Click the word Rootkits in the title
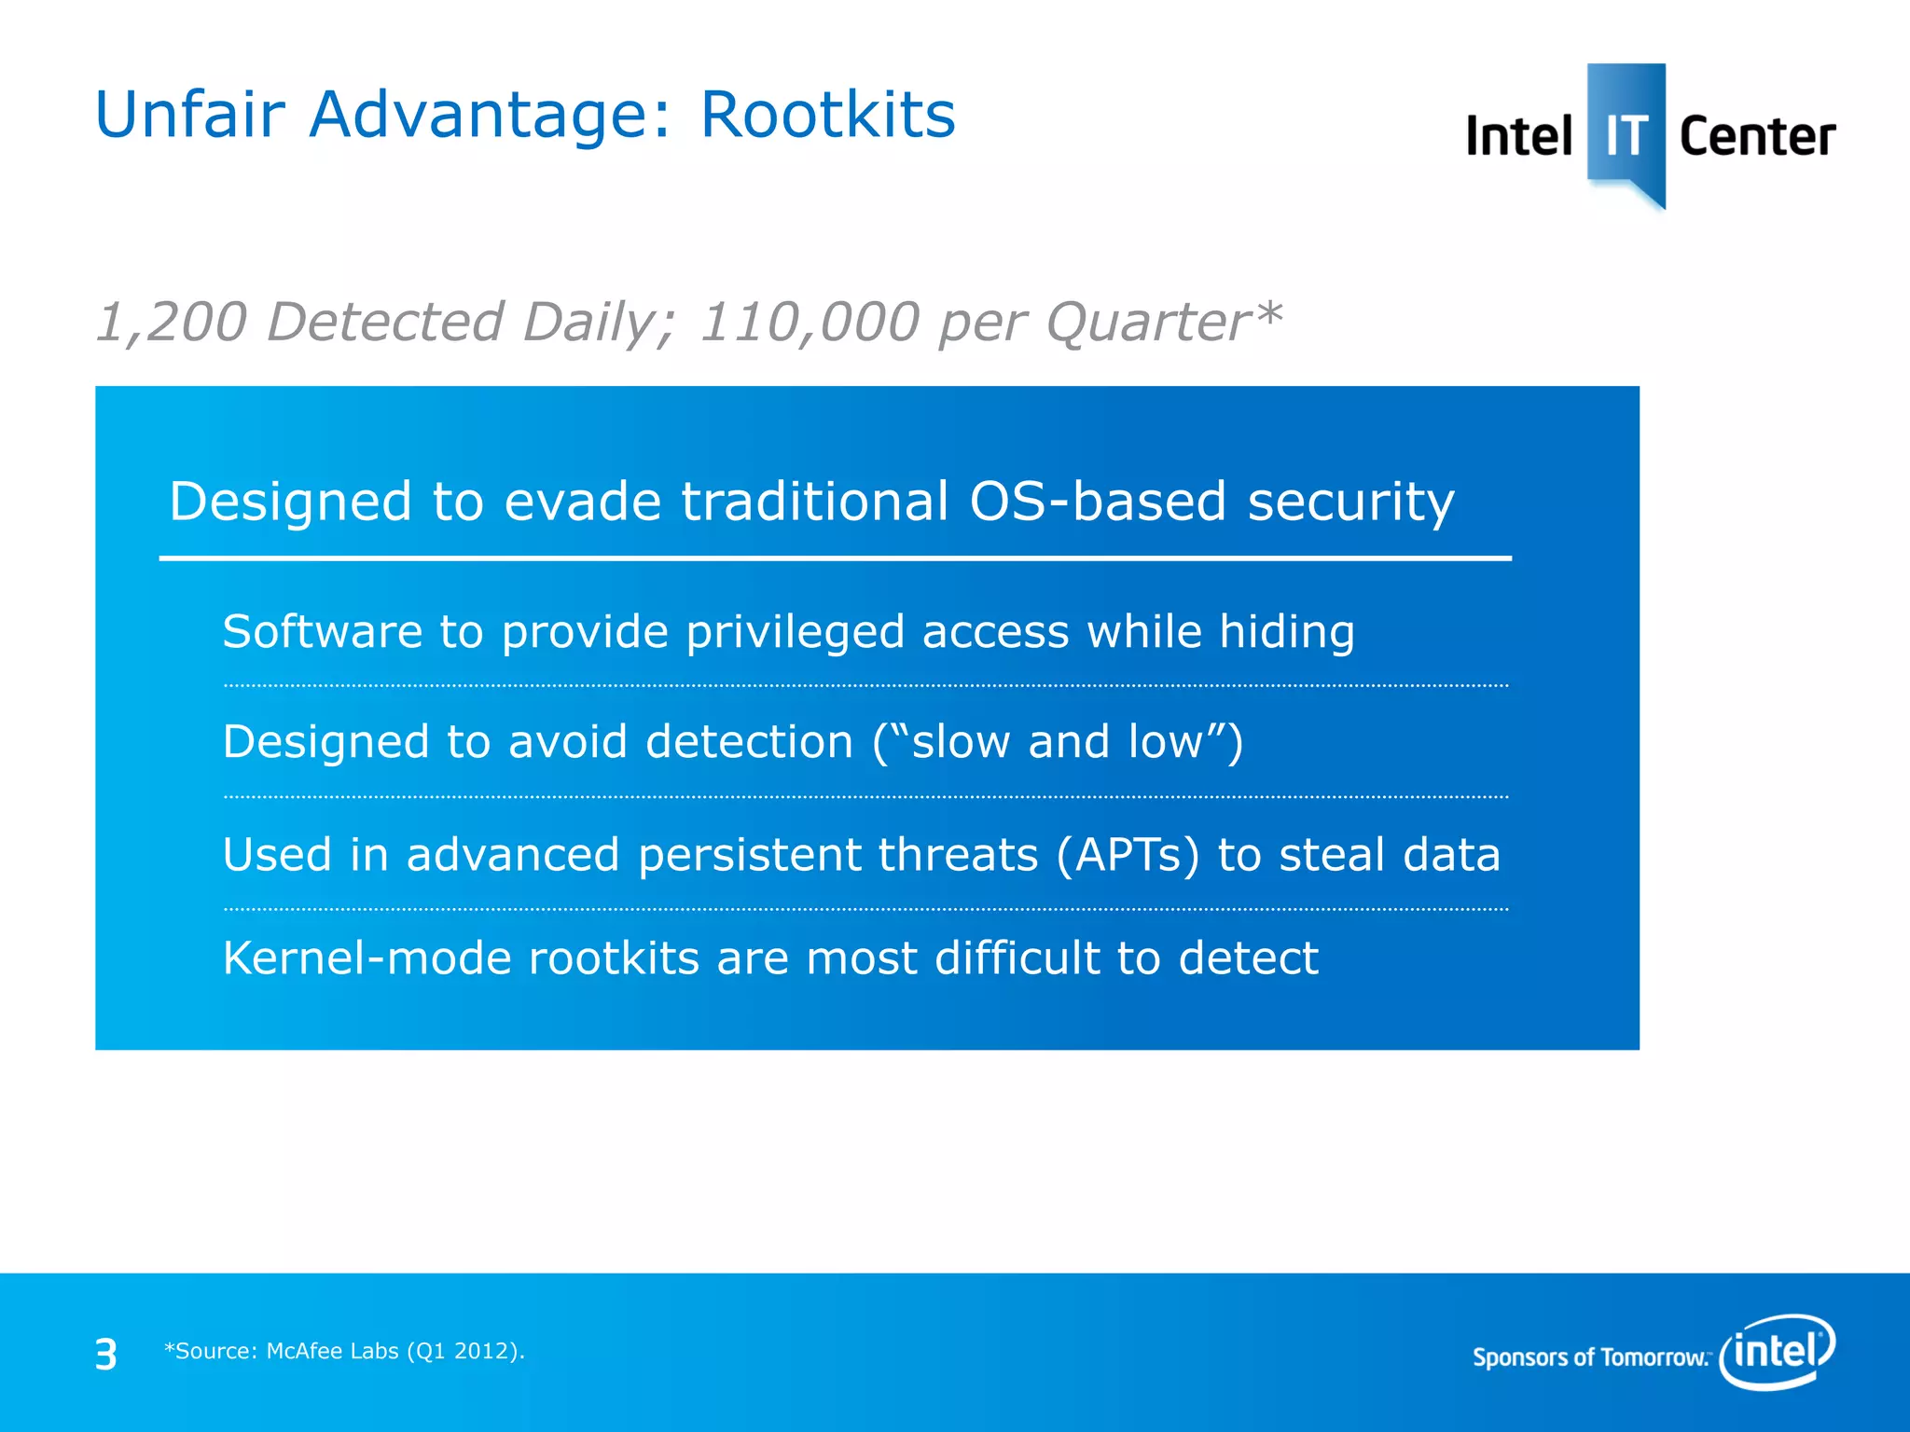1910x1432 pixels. [827, 115]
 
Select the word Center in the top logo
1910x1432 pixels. [1757, 136]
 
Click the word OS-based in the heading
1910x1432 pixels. [1098, 502]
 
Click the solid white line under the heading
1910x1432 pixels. [835, 558]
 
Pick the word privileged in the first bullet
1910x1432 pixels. [796, 633]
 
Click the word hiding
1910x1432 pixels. [1287, 631]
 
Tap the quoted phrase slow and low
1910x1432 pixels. [1057, 742]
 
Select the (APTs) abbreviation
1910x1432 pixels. [1128, 855]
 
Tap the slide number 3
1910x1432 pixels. [106, 1354]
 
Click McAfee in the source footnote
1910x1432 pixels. [306, 1351]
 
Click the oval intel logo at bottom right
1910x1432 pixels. [1777, 1351]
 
